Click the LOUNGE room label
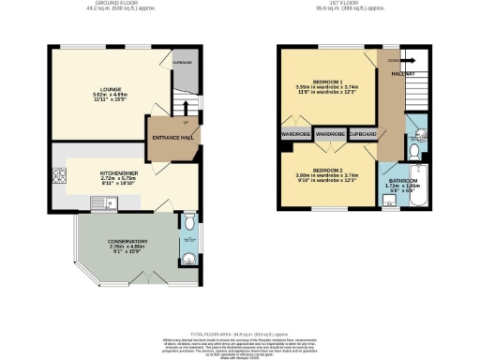97,90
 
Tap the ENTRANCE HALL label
172,138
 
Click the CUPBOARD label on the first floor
362,135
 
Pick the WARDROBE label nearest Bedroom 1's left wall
295,135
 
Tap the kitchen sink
110,201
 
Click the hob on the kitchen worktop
58,175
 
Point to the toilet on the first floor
415,149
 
